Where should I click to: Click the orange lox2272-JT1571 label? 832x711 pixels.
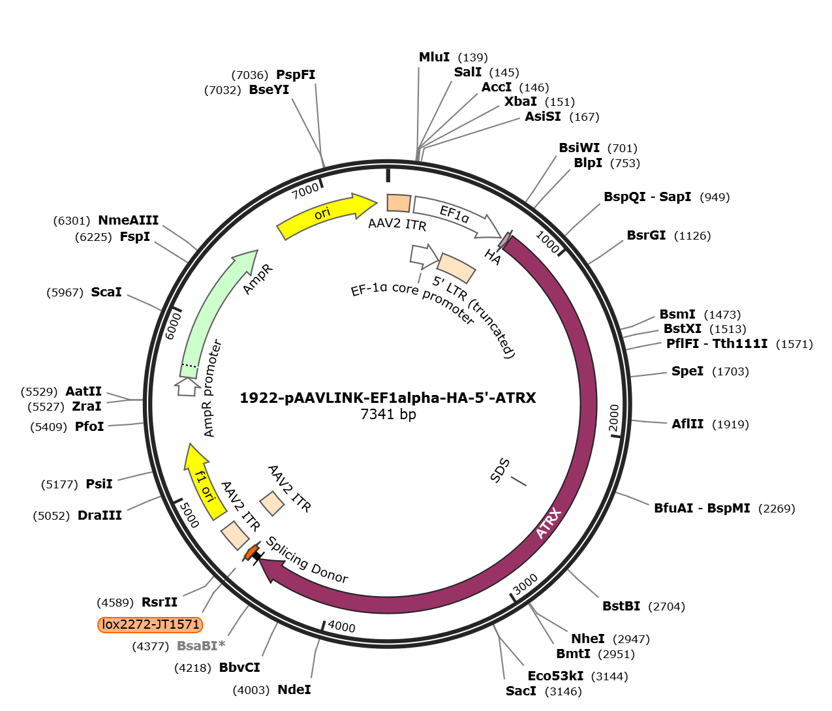point(149,624)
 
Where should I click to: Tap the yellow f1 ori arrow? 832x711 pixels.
point(204,482)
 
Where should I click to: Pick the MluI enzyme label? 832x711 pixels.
point(434,57)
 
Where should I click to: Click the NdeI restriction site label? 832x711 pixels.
point(294,689)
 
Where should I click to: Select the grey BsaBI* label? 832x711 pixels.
point(201,646)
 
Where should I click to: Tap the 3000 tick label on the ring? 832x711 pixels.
point(525,584)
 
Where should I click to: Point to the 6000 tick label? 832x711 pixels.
point(174,326)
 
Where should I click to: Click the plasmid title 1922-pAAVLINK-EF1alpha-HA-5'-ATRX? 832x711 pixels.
point(388,398)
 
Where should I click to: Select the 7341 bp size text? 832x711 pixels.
point(388,414)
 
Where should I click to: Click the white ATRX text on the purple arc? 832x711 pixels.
point(549,523)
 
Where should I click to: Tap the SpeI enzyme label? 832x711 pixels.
point(688,371)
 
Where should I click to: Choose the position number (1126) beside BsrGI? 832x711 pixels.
point(692,236)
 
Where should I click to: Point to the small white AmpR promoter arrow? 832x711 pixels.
point(187,387)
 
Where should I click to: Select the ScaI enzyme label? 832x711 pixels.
point(106,292)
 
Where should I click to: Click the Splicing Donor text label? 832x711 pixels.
point(307,560)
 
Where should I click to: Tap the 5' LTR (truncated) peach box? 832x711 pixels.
point(456,268)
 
